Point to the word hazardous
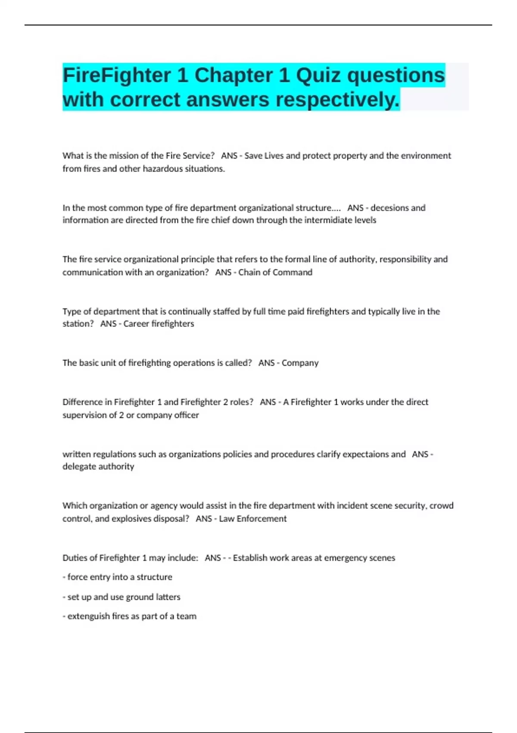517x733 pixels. [162, 169]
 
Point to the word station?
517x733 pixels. [78, 324]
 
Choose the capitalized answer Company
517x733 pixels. [300, 363]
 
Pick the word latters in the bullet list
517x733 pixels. [168, 597]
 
